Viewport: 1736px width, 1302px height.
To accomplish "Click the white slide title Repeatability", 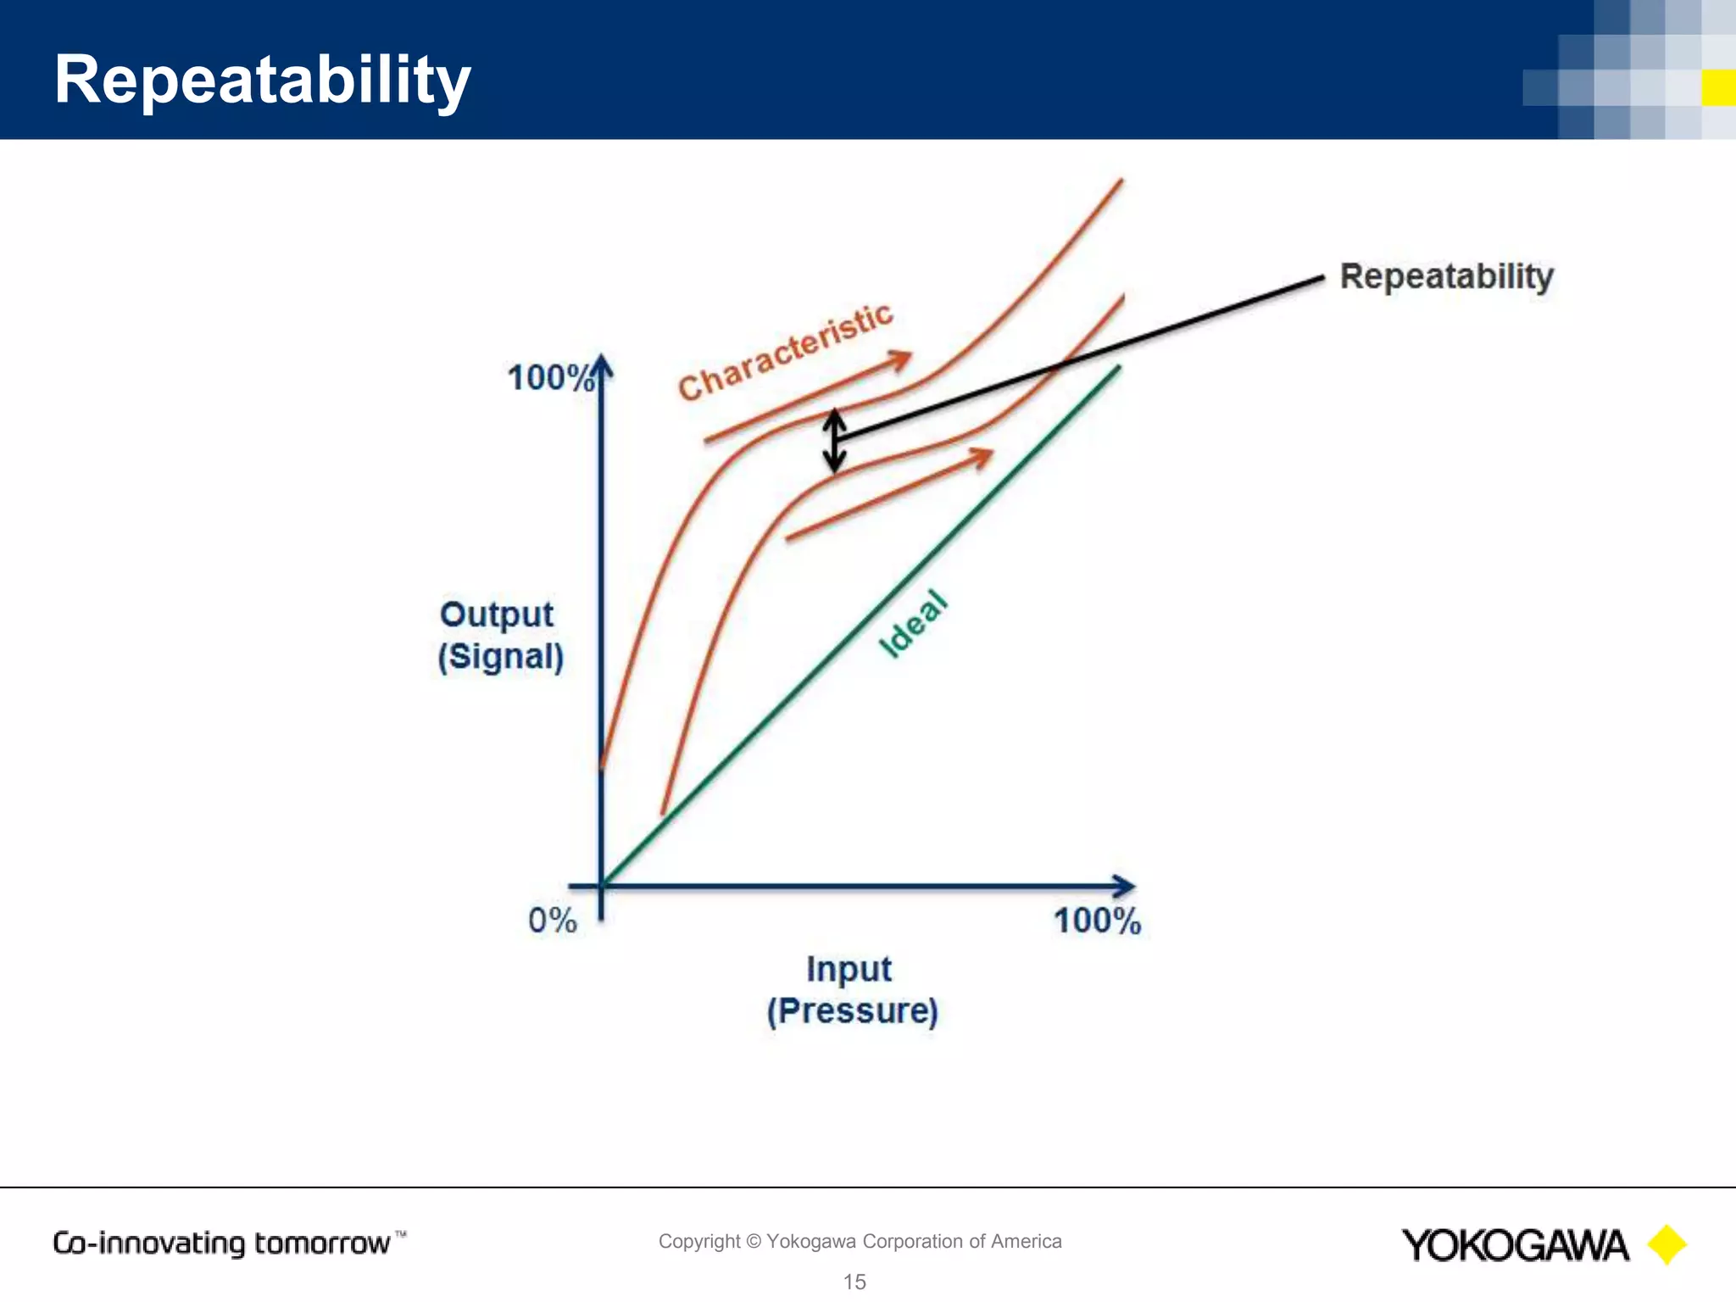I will pos(262,80).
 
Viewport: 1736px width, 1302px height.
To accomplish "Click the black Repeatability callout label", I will pos(1446,276).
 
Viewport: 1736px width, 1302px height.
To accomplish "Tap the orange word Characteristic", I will pos(786,351).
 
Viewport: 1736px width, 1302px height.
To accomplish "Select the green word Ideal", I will pos(912,624).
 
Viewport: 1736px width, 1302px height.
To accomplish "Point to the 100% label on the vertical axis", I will pos(549,378).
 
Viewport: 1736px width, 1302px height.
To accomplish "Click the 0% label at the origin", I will pos(552,921).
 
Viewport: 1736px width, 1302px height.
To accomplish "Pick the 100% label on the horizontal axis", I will pos(1097,921).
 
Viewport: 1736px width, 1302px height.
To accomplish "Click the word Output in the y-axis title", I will pos(497,615).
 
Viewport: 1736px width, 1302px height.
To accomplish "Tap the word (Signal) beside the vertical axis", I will pos(500,657).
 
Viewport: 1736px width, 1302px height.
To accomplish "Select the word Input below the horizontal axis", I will pos(849,969).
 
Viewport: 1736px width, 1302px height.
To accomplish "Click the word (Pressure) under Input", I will pos(852,1011).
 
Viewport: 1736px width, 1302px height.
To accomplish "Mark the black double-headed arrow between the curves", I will pos(835,441).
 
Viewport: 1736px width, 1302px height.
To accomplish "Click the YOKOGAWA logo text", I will pos(1515,1245).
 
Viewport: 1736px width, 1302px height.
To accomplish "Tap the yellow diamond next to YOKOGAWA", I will pos(1666,1245).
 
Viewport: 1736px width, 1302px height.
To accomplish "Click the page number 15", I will pos(854,1282).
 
